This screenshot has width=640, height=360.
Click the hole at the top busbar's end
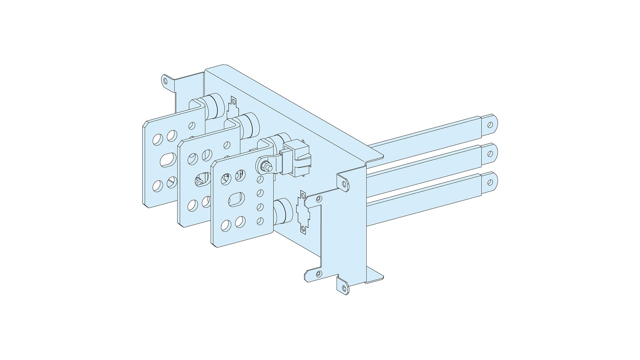(x=490, y=125)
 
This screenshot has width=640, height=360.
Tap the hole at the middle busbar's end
(x=490, y=154)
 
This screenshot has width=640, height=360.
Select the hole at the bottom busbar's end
(x=490, y=182)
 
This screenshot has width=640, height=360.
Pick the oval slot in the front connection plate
(x=237, y=199)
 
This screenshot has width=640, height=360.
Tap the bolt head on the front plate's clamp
(x=266, y=165)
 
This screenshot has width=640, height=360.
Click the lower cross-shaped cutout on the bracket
(x=303, y=212)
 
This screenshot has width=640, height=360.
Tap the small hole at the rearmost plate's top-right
(x=192, y=126)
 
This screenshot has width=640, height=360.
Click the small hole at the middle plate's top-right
(x=227, y=145)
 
